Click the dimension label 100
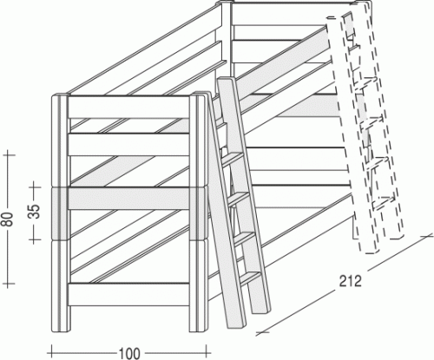pyautogui.click(x=129, y=353)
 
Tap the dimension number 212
pyautogui.click(x=351, y=281)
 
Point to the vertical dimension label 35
pyautogui.click(x=35, y=212)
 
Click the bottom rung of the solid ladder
pyautogui.click(x=250, y=278)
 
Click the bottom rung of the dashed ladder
pyautogui.click(x=384, y=204)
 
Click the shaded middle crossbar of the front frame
pyautogui.click(x=128, y=199)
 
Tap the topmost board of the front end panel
pyautogui.click(x=128, y=107)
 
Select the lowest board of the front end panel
pyautogui.click(x=128, y=294)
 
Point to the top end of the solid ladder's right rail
pyautogui.click(x=227, y=80)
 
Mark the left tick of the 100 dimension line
pyautogui.click(x=51, y=353)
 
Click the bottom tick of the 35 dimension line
pyautogui.click(x=35, y=239)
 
